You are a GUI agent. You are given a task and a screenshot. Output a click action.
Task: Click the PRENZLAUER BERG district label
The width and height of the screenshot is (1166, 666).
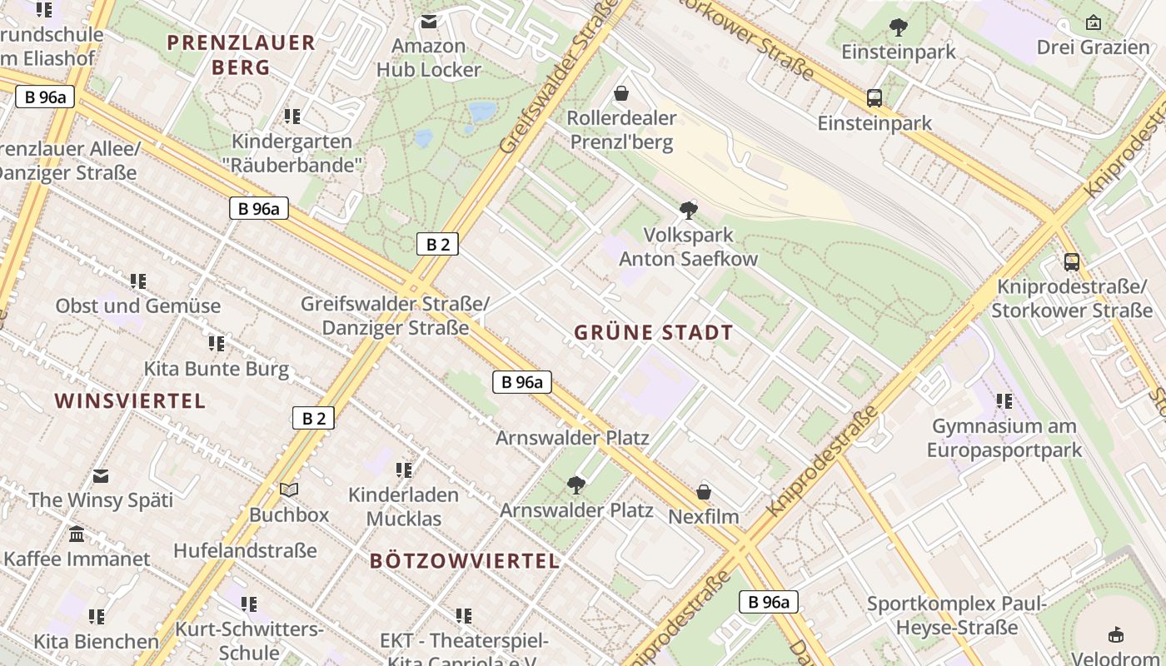241,55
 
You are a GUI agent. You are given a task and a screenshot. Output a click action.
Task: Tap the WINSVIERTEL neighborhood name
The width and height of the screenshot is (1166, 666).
130,400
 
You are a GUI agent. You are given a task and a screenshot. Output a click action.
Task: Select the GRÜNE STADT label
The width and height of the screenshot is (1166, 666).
654,333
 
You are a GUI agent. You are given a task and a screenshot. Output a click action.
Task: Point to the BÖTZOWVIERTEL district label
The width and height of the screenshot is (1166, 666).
465,560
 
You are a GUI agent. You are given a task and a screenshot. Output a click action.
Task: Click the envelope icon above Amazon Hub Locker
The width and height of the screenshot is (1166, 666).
428,22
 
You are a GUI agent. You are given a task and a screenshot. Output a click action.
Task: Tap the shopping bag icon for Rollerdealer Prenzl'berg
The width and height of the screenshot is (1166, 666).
620,93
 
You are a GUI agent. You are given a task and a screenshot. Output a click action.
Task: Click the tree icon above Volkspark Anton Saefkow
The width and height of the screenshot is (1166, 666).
688,210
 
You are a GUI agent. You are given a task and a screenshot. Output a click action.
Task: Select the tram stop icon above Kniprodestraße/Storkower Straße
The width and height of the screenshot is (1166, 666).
1071,262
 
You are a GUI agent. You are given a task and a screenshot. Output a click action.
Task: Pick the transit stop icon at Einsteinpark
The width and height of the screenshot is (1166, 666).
874,98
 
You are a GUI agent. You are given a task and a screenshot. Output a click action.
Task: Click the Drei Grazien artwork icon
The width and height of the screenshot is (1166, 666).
1093,22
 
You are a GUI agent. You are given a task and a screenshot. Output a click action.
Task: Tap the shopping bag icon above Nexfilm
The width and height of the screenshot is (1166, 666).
704,492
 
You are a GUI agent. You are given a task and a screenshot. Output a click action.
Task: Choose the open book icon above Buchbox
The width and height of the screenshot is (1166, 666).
289,490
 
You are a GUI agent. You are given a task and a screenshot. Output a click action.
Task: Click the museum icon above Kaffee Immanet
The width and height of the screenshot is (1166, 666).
77,534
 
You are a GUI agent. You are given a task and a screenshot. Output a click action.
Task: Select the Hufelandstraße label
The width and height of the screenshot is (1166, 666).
245,550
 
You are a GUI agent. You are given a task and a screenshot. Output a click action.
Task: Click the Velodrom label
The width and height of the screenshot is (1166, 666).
1115,659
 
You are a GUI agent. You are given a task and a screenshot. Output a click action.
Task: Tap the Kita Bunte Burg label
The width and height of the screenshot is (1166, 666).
217,369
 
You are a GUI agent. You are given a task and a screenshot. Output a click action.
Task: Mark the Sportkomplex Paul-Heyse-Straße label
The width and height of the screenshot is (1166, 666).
956,615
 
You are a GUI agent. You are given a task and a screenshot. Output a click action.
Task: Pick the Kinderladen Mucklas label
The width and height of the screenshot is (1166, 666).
403,506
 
